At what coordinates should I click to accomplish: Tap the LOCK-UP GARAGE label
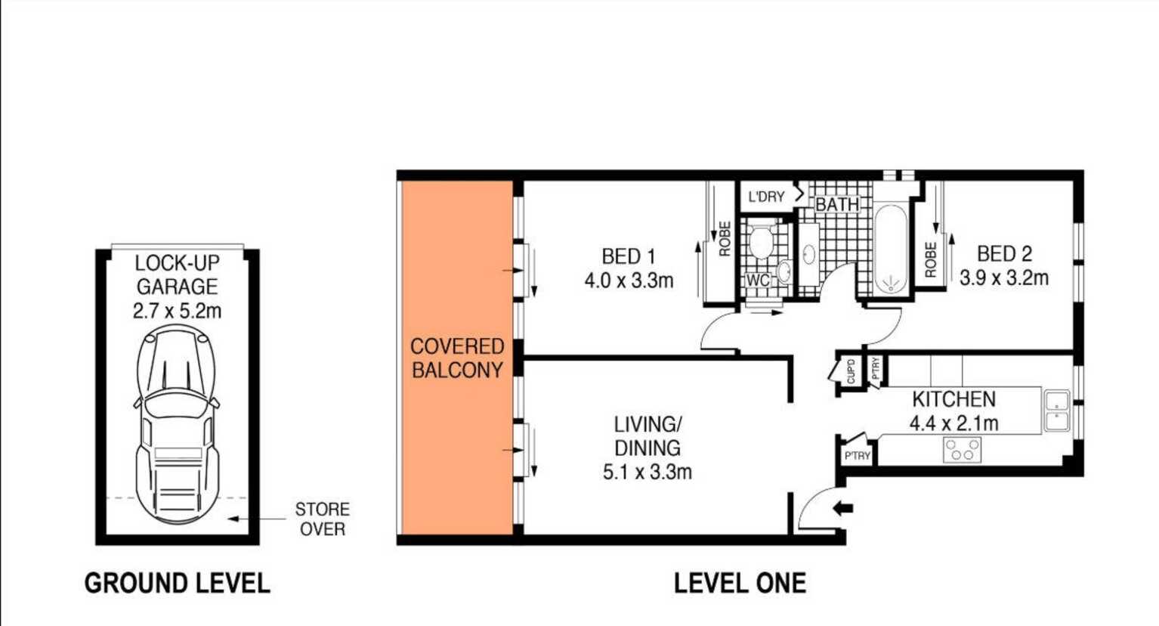[x=177, y=275]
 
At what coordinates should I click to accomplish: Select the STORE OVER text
[x=322, y=519]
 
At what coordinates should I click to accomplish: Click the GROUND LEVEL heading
[x=177, y=584]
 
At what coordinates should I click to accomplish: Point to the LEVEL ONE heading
[x=740, y=584]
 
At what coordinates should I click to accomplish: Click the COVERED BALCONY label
[x=457, y=358]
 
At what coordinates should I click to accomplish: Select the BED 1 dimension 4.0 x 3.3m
[x=629, y=281]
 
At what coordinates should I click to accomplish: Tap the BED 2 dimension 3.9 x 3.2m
[x=1003, y=278]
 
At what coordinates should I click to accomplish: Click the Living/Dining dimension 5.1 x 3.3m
[x=647, y=473]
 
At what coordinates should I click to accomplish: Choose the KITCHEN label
[x=953, y=399]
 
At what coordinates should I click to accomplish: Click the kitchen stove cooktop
[x=963, y=450]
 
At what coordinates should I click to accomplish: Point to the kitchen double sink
[x=1056, y=411]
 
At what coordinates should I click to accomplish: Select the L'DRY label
[x=766, y=197]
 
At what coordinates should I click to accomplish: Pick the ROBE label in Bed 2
[x=931, y=259]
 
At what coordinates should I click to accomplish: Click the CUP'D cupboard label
[x=851, y=372]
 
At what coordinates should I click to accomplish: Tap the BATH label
[x=837, y=204]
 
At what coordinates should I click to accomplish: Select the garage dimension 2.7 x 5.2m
[x=177, y=311]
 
